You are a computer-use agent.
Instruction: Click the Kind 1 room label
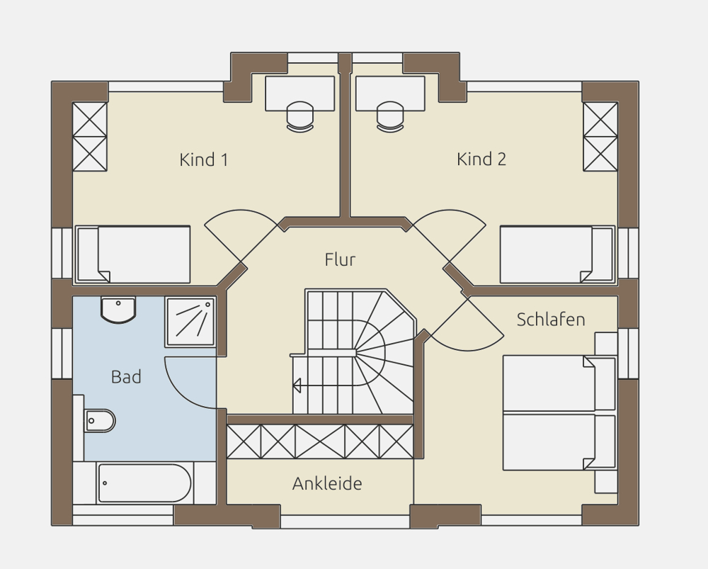(204, 159)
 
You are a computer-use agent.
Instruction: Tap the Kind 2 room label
(481, 159)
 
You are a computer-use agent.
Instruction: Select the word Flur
(340, 259)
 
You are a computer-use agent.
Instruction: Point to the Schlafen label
(551, 320)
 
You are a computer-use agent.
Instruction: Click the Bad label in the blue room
(126, 376)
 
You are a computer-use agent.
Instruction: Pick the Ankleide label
(327, 483)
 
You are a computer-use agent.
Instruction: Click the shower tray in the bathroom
(190, 322)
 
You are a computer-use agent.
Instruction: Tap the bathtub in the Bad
(144, 483)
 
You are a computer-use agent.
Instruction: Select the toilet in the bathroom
(99, 421)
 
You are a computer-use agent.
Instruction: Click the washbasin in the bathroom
(118, 310)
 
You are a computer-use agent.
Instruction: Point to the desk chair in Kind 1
(299, 117)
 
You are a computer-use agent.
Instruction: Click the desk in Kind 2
(390, 94)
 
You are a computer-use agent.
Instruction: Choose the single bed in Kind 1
(133, 254)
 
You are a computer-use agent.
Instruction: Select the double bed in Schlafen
(559, 412)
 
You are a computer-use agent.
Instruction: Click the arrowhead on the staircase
(297, 385)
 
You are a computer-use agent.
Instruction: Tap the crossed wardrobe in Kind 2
(600, 137)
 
